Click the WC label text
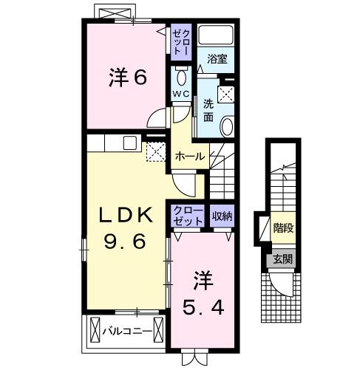coord(182,93)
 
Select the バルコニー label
coord(128,330)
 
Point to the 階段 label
coord(282,227)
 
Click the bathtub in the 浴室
coord(217,35)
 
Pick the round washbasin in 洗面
coord(227,126)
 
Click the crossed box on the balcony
coord(95,330)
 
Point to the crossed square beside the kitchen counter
coord(155,151)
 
